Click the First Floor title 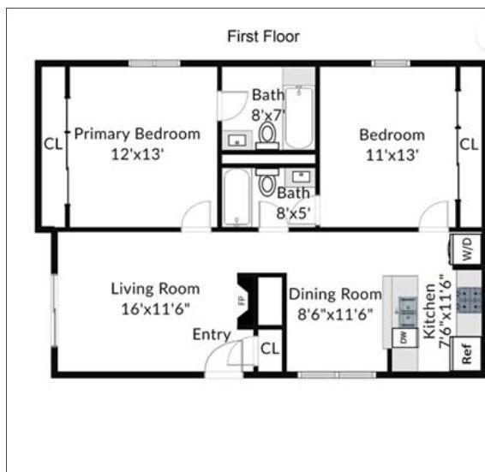[263, 37]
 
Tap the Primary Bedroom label [137, 134]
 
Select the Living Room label [155, 289]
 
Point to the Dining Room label [334, 294]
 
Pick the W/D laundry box [468, 250]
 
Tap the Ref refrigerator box [467, 354]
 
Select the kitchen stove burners [470, 299]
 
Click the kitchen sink [403, 306]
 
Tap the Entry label [211, 334]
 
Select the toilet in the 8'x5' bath [266, 183]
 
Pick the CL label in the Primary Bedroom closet [53, 144]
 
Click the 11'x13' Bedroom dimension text [392, 155]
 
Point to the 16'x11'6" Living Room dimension [155, 308]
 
